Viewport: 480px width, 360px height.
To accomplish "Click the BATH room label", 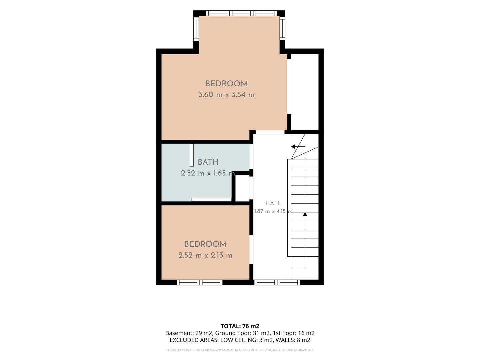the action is point(208,162).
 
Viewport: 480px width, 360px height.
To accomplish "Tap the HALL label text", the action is point(273,203).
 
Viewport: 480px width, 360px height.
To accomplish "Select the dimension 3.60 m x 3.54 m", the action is point(227,95).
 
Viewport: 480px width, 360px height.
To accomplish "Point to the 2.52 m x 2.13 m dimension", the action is point(205,255).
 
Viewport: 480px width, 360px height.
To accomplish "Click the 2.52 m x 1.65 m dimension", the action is point(208,173).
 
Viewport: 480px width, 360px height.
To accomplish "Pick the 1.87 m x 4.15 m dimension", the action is point(273,211).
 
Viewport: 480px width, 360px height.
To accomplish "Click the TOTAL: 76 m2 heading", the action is point(240,326).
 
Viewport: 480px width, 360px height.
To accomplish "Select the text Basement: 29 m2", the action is point(189,333).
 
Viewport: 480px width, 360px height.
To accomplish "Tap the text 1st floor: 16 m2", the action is point(294,333).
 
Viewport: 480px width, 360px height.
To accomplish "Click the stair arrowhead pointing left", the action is point(293,146).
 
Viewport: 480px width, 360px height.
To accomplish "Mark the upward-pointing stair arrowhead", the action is point(305,214).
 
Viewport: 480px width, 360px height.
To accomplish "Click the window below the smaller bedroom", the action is point(199,282).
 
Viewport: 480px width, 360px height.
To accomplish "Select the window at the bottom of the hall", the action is point(277,282).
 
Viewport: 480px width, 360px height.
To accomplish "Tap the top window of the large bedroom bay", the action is point(241,13).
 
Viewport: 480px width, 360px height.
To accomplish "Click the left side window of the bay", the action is point(196,29).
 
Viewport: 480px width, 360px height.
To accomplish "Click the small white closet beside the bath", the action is point(242,188).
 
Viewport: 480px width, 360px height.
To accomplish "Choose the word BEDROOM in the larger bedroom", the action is point(227,84).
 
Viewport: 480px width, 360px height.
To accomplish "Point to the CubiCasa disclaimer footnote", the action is point(240,350).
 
